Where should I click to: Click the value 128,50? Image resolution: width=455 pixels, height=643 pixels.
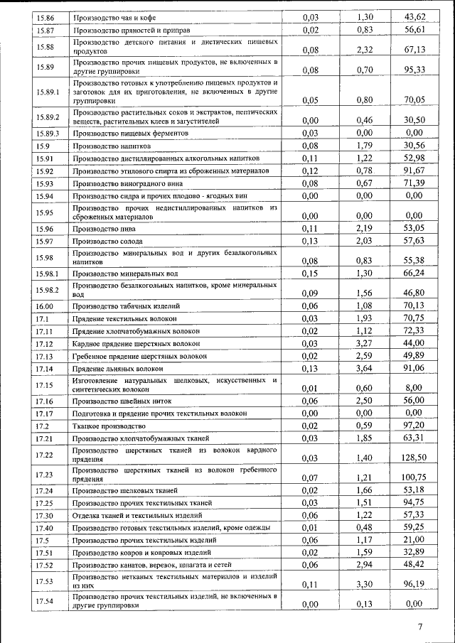coord(414,458)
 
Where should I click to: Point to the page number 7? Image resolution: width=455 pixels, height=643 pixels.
coord(420,626)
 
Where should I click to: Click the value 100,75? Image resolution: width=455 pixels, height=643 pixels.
coord(414,477)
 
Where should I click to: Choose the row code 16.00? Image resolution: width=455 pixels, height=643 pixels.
coord(45,306)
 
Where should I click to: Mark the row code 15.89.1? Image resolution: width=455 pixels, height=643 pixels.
coord(48,92)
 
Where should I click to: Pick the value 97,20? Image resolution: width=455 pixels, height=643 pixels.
coord(414,426)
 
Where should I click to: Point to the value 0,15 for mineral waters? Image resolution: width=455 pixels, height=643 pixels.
coord(310,274)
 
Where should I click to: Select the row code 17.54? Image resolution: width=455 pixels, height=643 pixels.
coord(45,601)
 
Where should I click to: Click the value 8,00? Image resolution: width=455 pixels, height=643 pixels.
coord(414,388)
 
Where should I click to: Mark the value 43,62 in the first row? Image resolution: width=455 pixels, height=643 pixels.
coord(414,17)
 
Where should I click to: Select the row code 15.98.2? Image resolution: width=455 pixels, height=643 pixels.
coord(48,289)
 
